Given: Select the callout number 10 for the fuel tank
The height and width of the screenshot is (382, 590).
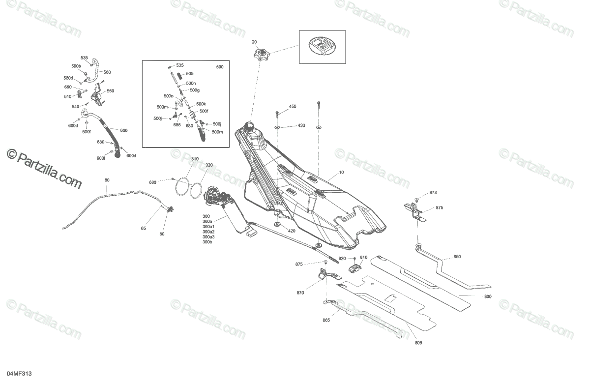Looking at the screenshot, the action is tap(342, 174).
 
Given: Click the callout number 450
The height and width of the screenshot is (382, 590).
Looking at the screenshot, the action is tap(293, 107).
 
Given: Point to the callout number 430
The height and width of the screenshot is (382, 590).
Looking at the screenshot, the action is tap(301, 126).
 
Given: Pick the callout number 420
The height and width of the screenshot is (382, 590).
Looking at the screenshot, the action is tap(292, 231).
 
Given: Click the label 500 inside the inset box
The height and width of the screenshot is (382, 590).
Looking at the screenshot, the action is tap(220, 67).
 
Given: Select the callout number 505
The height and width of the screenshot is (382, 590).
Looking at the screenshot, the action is tap(190, 74).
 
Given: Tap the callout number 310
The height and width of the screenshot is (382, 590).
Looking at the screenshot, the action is tap(195, 159).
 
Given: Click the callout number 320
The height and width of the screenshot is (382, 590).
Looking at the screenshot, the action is tap(209, 165).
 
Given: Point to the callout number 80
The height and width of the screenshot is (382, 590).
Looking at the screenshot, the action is tap(107, 180).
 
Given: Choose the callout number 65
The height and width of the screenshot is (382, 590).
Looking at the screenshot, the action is tap(144, 229).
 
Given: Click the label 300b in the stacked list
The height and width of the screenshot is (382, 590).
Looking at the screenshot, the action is tap(207, 242).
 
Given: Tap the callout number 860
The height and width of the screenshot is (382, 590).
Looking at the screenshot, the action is tap(457, 257).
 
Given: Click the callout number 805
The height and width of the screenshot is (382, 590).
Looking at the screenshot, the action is tap(418, 343).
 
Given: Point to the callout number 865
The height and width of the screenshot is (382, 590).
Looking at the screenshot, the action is tap(326, 320).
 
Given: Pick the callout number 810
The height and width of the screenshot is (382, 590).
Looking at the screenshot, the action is tap(364, 258).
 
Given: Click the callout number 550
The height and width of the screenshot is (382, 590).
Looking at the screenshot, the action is tap(110, 91).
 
